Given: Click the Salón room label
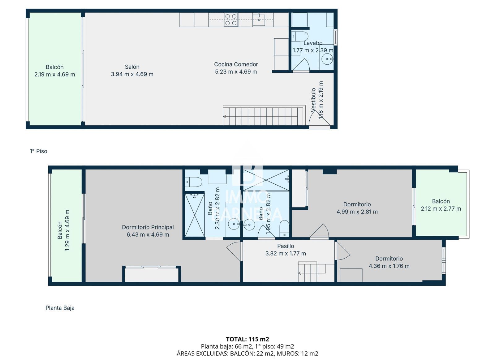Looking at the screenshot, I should click(132, 67).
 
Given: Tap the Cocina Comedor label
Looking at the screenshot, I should click(236, 64).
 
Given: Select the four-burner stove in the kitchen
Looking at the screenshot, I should click(231, 19).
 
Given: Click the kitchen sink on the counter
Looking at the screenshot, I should click(259, 20).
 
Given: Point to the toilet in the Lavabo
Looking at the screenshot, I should click(300, 36).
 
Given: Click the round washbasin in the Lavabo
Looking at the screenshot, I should click(327, 58).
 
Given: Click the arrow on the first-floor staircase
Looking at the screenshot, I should click(225, 117).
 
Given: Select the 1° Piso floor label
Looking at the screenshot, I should click(38, 151).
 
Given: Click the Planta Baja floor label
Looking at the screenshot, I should click(60, 308).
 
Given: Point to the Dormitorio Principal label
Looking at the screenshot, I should click(148, 227).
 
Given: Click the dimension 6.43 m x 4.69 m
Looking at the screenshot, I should click(148, 235).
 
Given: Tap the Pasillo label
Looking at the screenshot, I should click(286, 246).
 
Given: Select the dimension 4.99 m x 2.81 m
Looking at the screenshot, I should click(357, 212).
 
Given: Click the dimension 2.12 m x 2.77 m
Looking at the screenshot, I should click(441, 209).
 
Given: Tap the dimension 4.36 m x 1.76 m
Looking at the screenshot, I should click(389, 266).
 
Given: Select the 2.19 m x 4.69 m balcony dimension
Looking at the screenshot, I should click(55, 75).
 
